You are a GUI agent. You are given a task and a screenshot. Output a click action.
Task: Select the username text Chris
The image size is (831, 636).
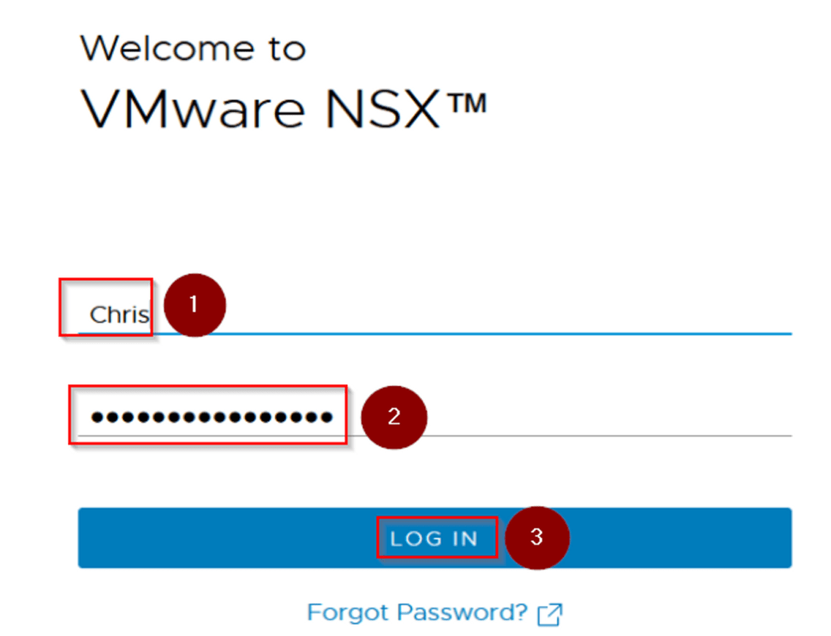click(x=118, y=315)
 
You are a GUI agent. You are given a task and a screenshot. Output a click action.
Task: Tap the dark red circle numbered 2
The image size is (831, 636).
click(x=394, y=417)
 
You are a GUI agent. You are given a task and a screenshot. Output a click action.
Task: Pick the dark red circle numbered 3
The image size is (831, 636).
click(x=536, y=537)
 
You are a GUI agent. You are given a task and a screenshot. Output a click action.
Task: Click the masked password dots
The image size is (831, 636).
click(x=211, y=417)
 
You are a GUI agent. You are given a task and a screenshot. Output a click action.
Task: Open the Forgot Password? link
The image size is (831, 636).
click(x=417, y=612)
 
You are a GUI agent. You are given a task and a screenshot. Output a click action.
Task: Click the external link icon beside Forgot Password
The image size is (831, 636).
click(x=550, y=614)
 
